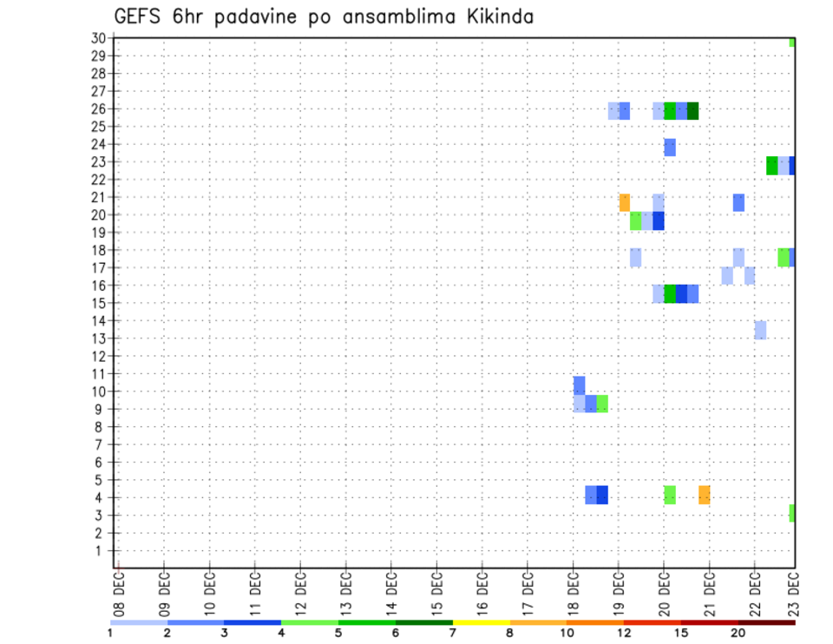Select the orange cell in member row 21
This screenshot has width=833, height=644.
(x=625, y=202)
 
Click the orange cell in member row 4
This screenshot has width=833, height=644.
(x=705, y=495)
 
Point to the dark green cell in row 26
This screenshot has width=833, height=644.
(x=692, y=111)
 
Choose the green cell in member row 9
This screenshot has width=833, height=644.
(x=602, y=404)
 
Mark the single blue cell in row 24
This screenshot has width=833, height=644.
(x=670, y=148)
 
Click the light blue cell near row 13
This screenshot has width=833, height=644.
(x=760, y=330)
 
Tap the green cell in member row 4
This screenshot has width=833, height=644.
(x=670, y=495)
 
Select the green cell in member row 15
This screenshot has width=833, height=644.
(x=670, y=293)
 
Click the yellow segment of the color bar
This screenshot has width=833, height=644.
(x=481, y=622)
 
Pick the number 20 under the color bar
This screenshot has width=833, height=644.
(x=738, y=634)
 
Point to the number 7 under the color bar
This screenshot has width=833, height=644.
(x=452, y=634)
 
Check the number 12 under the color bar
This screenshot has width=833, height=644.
(x=625, y=634)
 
